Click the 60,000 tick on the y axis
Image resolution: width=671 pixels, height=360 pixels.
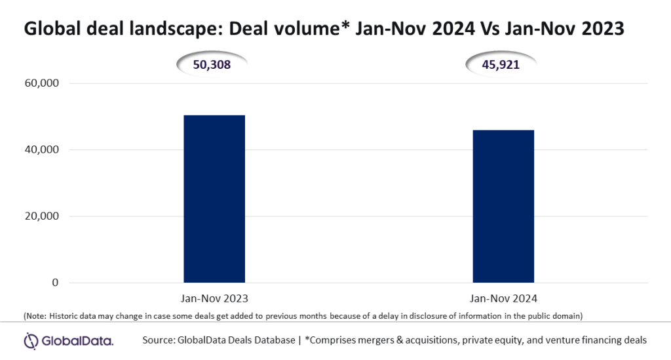41,83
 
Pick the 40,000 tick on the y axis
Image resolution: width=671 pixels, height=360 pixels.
41,150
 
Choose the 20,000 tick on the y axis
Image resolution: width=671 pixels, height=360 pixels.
41,216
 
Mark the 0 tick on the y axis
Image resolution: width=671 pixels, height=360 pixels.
56,283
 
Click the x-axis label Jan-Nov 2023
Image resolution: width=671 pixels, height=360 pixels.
214,298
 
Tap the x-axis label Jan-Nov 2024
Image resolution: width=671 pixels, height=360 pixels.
503,298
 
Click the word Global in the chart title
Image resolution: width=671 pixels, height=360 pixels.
49,30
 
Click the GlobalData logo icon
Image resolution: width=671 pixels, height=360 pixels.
33,340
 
